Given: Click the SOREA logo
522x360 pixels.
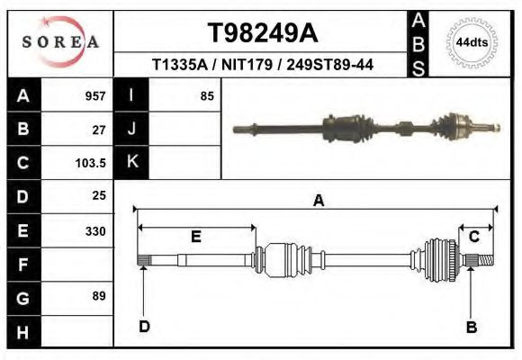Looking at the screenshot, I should coord(60,41).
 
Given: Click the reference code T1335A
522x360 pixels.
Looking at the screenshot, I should coord(177,65).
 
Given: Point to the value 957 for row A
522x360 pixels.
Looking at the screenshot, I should coord(94,95).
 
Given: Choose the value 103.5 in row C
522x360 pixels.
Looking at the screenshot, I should coord(92,163).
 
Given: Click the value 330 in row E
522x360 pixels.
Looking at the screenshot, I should coord(94,230).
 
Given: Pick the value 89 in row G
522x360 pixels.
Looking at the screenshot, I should coord(98,296).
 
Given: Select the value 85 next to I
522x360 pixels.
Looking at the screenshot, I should coord(207,95).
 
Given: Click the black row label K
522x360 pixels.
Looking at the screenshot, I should coord(132,162).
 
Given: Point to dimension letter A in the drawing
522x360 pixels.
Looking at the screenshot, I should coord(318,201).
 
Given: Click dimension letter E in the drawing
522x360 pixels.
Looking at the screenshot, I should coord(195,237).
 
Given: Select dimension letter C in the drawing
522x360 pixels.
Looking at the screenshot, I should coord(473,236).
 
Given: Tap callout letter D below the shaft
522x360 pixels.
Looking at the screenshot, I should coord(144,327).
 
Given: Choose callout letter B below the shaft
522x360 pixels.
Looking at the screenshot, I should coord(471,327).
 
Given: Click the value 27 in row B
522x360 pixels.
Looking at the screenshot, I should coord(99,130).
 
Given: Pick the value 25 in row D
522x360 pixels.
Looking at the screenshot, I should coord(99,195).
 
